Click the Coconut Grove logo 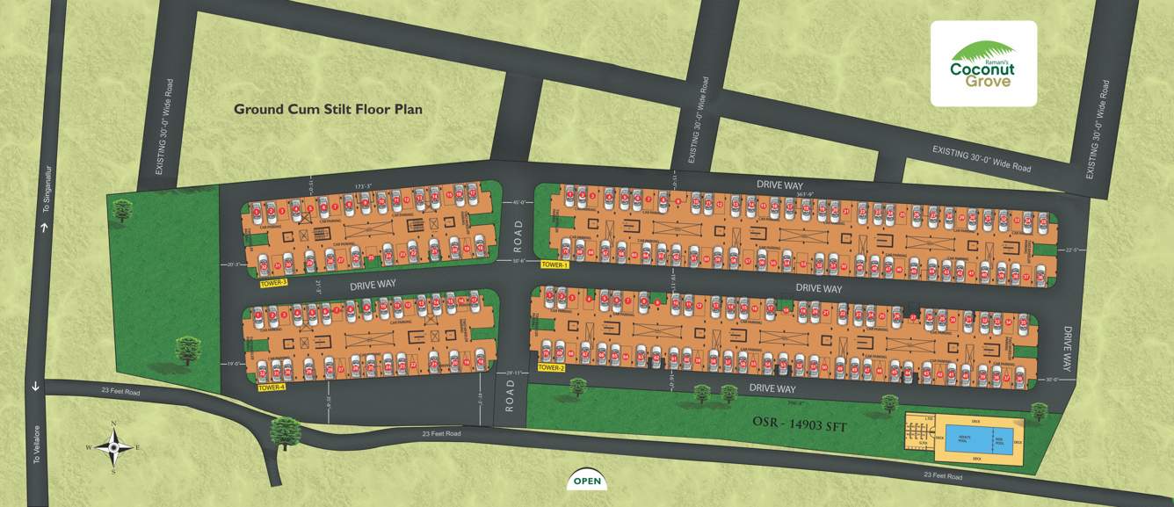[x=983, y=64]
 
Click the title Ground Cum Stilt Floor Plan [x=328, y=110]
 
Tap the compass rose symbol [x=113, y=447]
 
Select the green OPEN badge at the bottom [x=587, y=480]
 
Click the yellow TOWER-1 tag [x=555, y=264]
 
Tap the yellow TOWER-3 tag [x=273, y=284]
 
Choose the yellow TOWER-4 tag [x=272, y=387]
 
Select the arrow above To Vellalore [x=36, y=387]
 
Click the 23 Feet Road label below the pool [x=942, y=476]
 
